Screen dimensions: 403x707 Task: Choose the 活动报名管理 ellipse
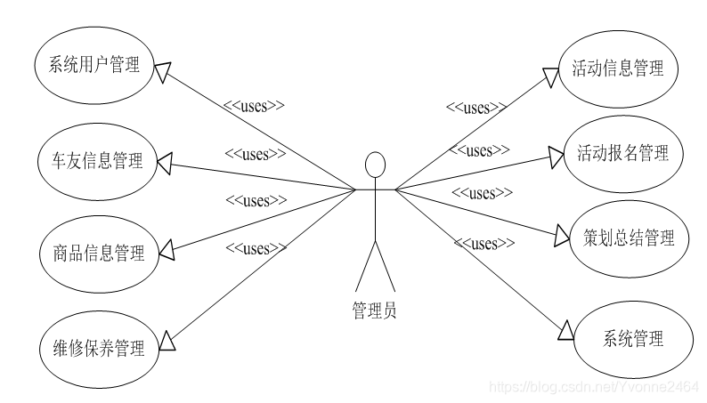623,153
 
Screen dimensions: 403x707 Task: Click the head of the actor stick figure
376,165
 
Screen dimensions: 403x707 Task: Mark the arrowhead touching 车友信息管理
165,162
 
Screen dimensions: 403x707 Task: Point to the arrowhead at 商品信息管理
166,253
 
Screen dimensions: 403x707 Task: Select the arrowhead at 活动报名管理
556,157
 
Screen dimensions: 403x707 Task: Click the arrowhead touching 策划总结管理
561,235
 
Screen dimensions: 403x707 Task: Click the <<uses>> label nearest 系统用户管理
254,106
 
